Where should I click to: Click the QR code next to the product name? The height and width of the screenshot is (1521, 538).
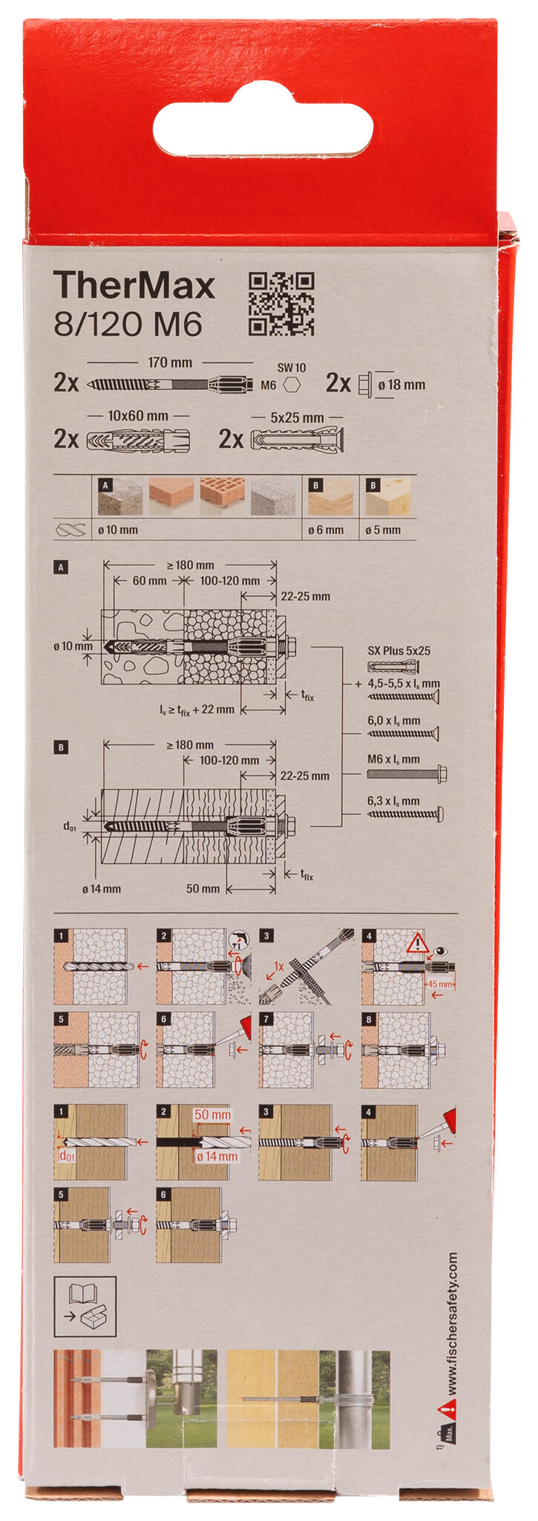point(281,303)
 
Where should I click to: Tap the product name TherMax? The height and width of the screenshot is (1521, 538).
point(134,286)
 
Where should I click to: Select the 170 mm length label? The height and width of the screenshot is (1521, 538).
point(169,362)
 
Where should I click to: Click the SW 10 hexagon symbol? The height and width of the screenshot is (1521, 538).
point(292,385)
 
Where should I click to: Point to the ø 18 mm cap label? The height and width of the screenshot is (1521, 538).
point(401,384)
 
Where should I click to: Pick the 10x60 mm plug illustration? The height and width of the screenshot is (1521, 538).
point(139,440)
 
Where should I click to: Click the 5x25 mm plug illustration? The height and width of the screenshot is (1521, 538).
point(297,440)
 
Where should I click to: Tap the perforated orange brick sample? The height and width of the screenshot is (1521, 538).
point(222,497)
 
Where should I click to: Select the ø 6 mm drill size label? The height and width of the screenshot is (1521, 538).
point(326,530)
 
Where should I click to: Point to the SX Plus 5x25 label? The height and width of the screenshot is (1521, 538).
point(398,651)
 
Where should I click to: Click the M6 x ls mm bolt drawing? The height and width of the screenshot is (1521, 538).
point(406,774)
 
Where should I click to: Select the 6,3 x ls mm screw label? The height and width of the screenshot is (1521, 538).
point(393,801)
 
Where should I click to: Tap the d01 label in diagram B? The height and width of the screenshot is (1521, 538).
point(68,826)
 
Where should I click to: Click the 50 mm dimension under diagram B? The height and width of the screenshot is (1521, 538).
point(203,888)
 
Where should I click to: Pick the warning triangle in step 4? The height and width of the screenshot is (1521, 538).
point(418,943)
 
